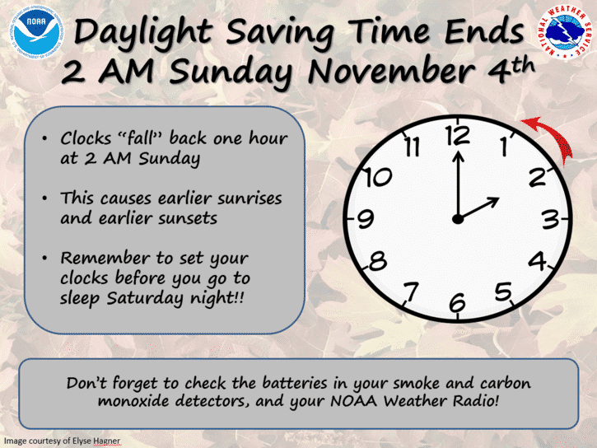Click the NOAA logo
(36, 32)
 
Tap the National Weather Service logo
(565, 32)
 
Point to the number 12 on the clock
(459, 136)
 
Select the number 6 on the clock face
(457, 302)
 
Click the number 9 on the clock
(366, 219)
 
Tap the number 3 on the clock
(550, 219)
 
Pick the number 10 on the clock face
(378, 177)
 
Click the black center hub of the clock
(458, 219)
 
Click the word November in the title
(391, 71)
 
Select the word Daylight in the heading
(142, 32)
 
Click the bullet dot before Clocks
(44, 138)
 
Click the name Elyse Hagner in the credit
(99, 441)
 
